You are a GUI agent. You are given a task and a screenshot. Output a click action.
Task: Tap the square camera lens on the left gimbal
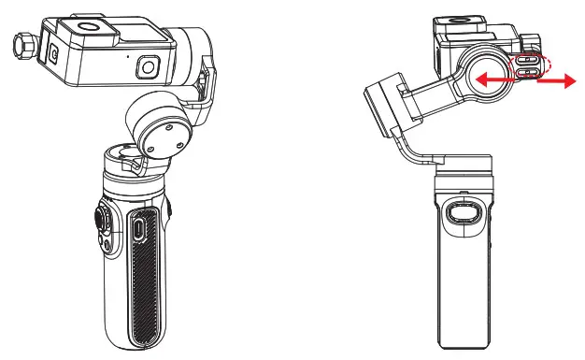point(148,67)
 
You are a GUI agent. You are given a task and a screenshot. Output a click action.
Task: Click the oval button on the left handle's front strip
point(138,227)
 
